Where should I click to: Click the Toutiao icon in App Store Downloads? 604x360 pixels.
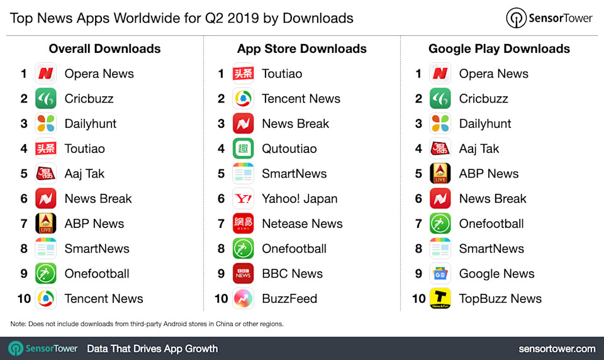tap(243, 74)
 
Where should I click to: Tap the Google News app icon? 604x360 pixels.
tap(440, 274)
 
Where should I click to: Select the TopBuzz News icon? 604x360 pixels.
tap(440, 299)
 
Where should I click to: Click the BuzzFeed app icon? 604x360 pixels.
tap(243, 299)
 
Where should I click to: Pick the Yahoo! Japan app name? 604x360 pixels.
tap(299, 199)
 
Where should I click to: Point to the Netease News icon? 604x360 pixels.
tap(243, 224)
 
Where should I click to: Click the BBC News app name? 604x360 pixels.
tap(292, 274)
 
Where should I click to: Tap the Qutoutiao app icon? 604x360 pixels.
tap(243, 149)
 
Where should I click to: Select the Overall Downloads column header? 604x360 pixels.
tap(104, 48)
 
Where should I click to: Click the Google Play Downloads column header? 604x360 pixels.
tap(499, 48)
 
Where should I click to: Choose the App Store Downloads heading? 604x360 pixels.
tap(302, 48)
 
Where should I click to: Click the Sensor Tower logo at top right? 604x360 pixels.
tap(549, 18)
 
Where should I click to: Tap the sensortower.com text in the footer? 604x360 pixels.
tap(557, 348)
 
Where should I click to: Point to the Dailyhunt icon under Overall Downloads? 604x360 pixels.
tap(45, 124)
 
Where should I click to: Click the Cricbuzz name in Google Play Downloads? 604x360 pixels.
tap(483, 99)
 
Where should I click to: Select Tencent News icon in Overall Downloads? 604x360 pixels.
tap(45, 299)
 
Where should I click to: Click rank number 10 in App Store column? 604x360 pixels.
tap(220, 299)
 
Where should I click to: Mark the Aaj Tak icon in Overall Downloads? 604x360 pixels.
tap(45, 174)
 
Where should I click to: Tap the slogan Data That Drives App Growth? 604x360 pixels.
tap(152, 348)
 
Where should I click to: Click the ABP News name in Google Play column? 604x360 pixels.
tap(489, 174)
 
